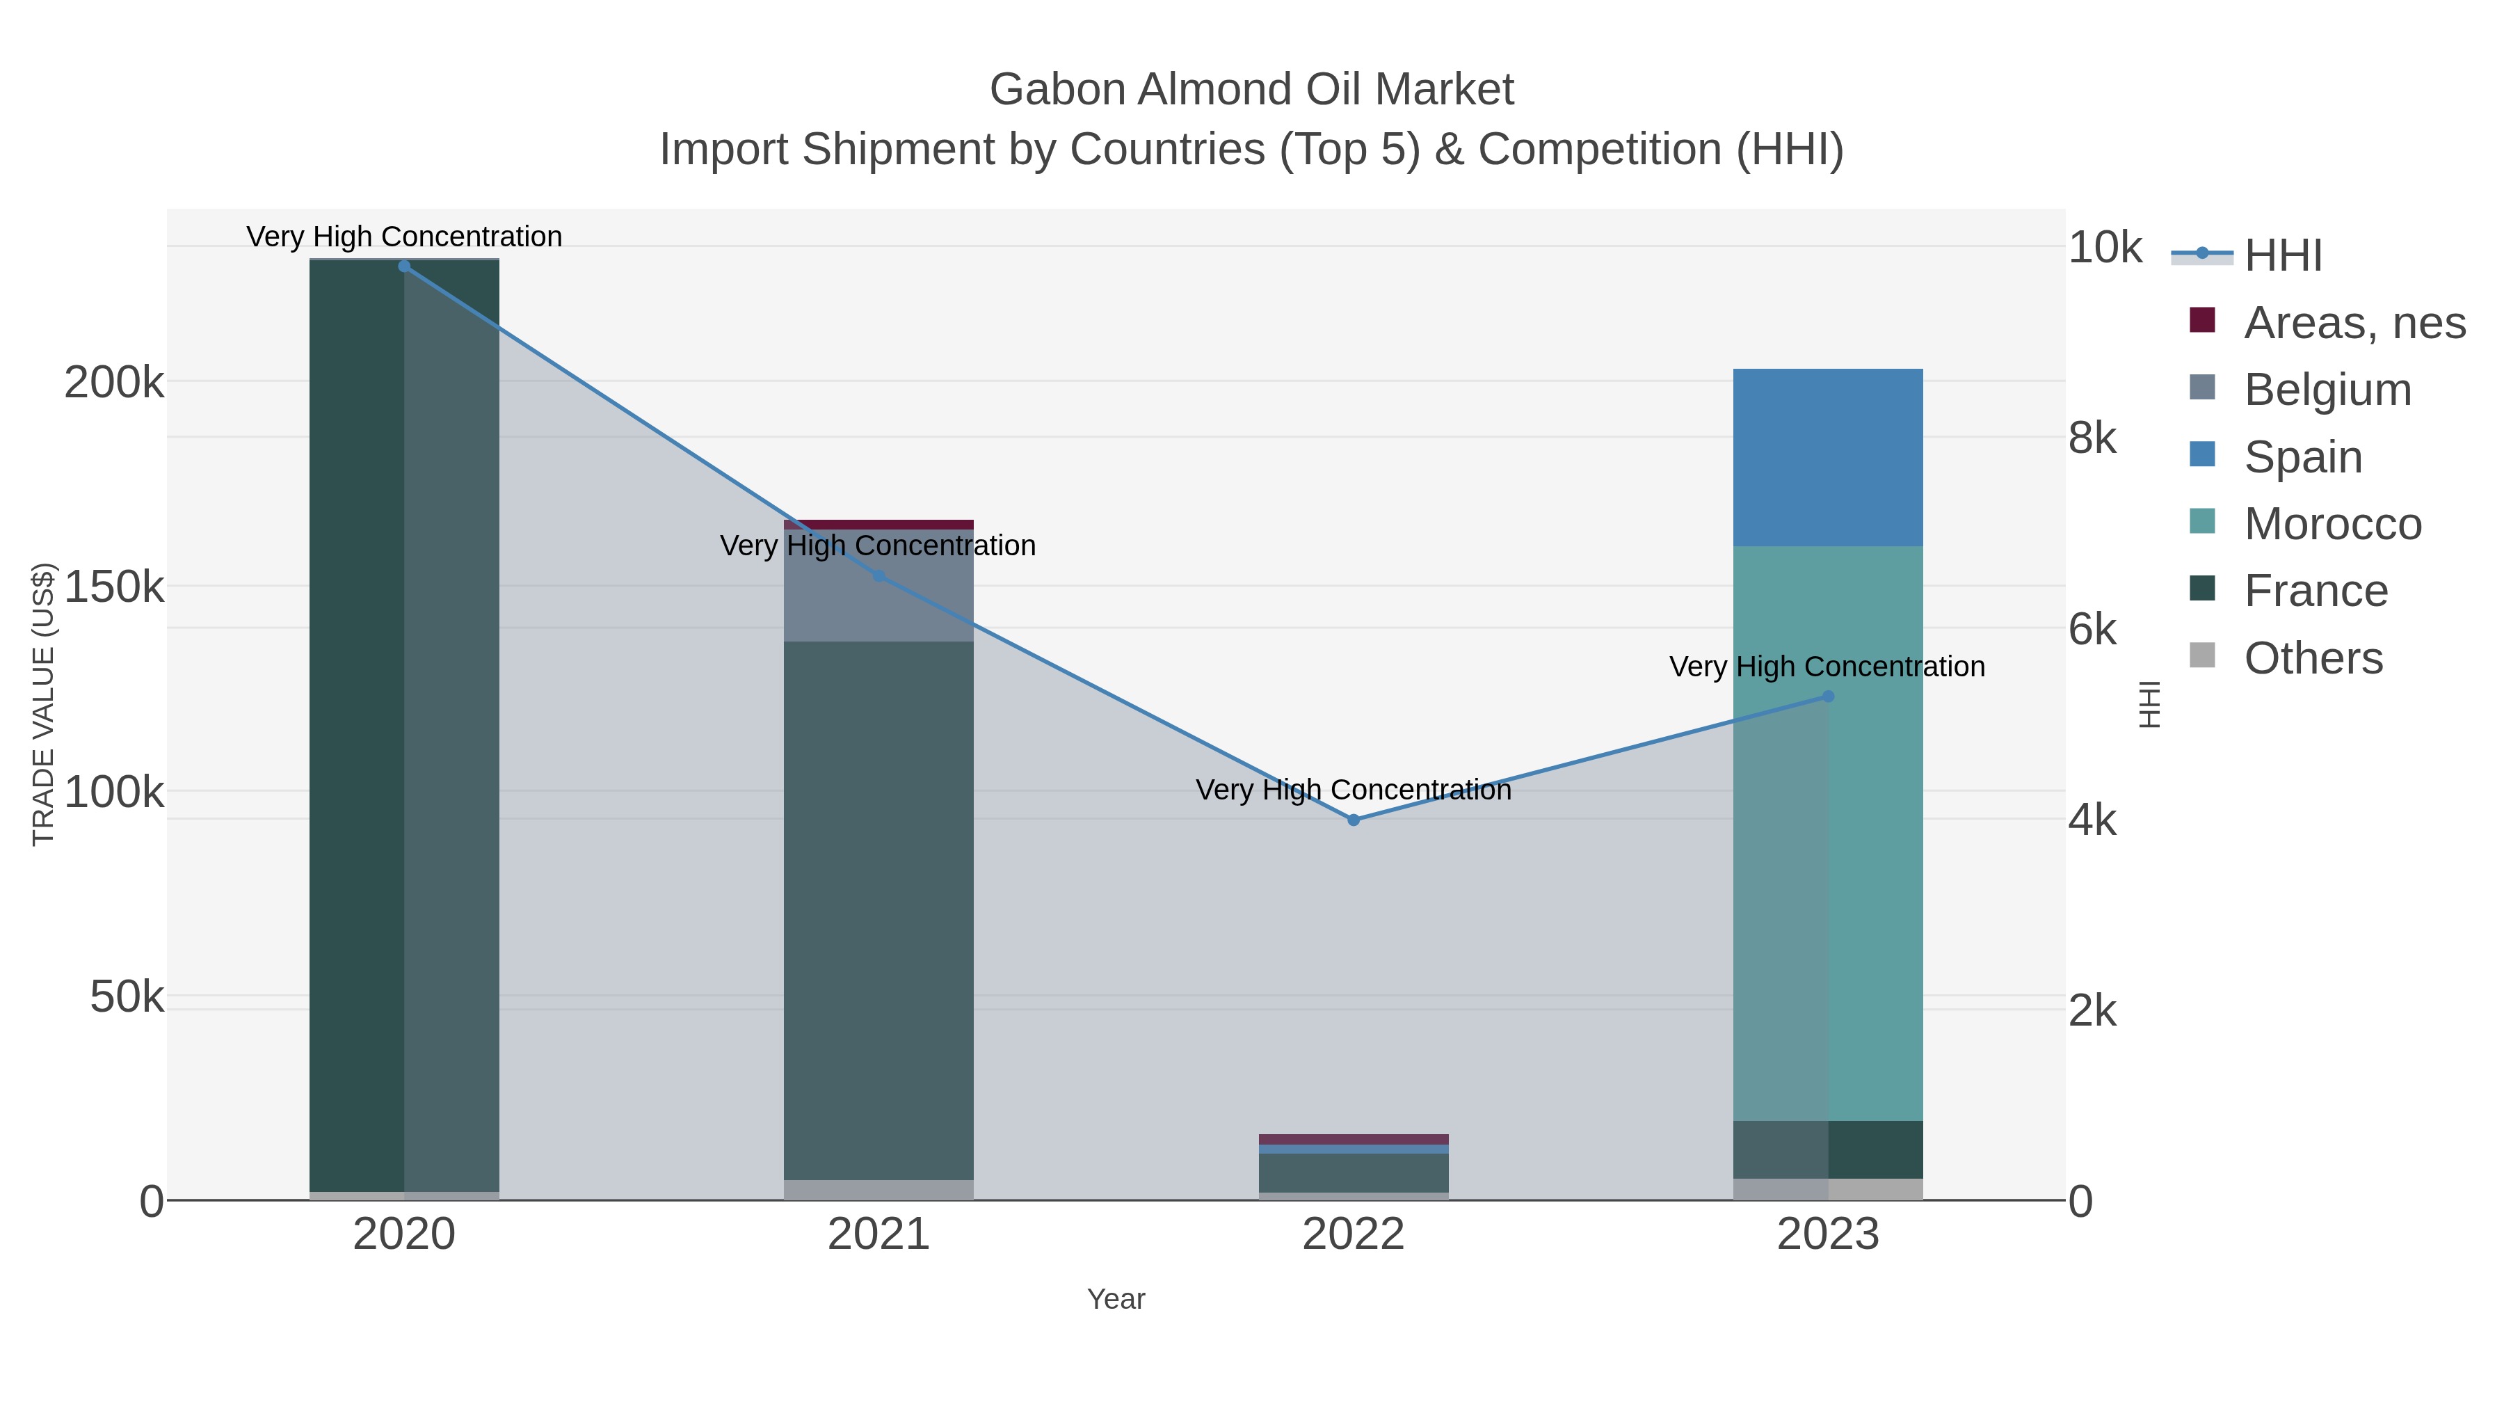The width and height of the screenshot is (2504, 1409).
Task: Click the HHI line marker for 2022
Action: pyautogui.click(x=1353, y=820)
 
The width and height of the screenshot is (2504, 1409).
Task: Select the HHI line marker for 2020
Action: pyautogui.click(x=404, y=266)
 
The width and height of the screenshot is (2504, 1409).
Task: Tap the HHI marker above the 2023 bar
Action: pyautogui.click(x=1827, y=696)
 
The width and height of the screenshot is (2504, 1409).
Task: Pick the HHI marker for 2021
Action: pyautogui.click(x=878, y=575)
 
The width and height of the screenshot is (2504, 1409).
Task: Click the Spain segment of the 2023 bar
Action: pyautogui.click(x=1827, y=457)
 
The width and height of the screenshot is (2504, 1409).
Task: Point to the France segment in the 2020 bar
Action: pyautogui.click(x=355, y=719)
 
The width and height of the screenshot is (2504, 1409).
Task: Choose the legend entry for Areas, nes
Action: pyautogui.click(x=2353, y=323)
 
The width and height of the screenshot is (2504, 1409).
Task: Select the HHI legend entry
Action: pyautogui.click(x=2281, y=256)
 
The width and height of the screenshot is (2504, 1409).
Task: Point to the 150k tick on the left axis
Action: pyautogui.click(x=114, y=587)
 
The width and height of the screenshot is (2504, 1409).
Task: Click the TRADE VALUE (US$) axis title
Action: pyautogui.click(x=44, y=704)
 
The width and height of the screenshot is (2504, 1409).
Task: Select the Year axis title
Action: pyautogui.click(x=1116, y=1299)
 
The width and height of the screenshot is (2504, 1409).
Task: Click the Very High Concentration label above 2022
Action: pyautogui.click(x=1353, y=790)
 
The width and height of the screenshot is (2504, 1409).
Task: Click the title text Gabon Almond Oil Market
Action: pyautogui.click(x=1251, y=90)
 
